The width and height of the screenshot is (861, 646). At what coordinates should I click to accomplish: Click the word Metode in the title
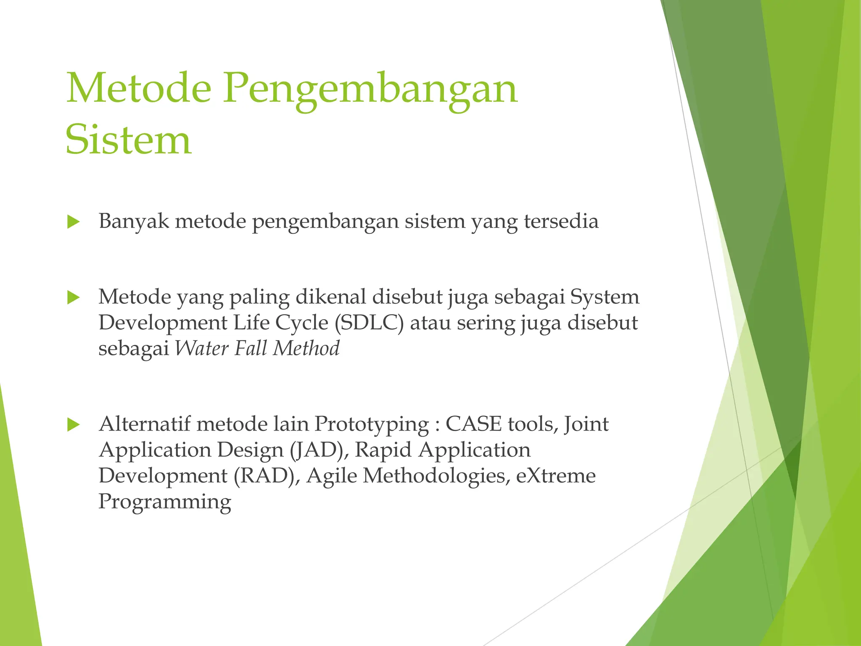[138, 88]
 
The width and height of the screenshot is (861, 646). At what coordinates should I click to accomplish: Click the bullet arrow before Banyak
[73, 222]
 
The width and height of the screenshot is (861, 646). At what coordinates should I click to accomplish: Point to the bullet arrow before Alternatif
[73, 424]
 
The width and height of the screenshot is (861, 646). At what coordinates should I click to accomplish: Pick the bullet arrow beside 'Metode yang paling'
[73, 298]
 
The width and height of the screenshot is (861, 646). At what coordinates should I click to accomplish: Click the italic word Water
[201, 348]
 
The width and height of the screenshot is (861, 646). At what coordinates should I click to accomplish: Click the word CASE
[473, 424]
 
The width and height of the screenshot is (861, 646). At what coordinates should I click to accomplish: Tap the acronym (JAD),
[319, 450]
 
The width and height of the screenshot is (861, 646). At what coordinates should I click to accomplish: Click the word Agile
[332, 476]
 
